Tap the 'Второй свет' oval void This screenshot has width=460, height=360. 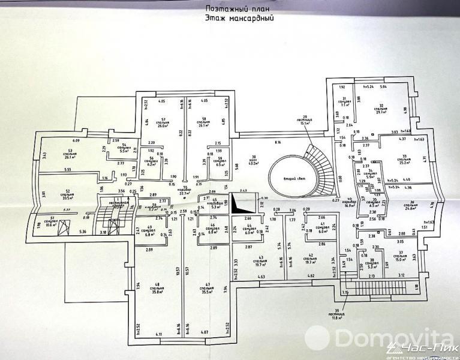[x=291, y=178]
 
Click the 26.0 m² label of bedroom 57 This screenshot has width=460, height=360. [x=162, y=127]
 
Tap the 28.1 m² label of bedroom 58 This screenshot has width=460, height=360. [x=203, y=127]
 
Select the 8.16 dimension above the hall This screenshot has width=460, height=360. [x=277, y=142]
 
